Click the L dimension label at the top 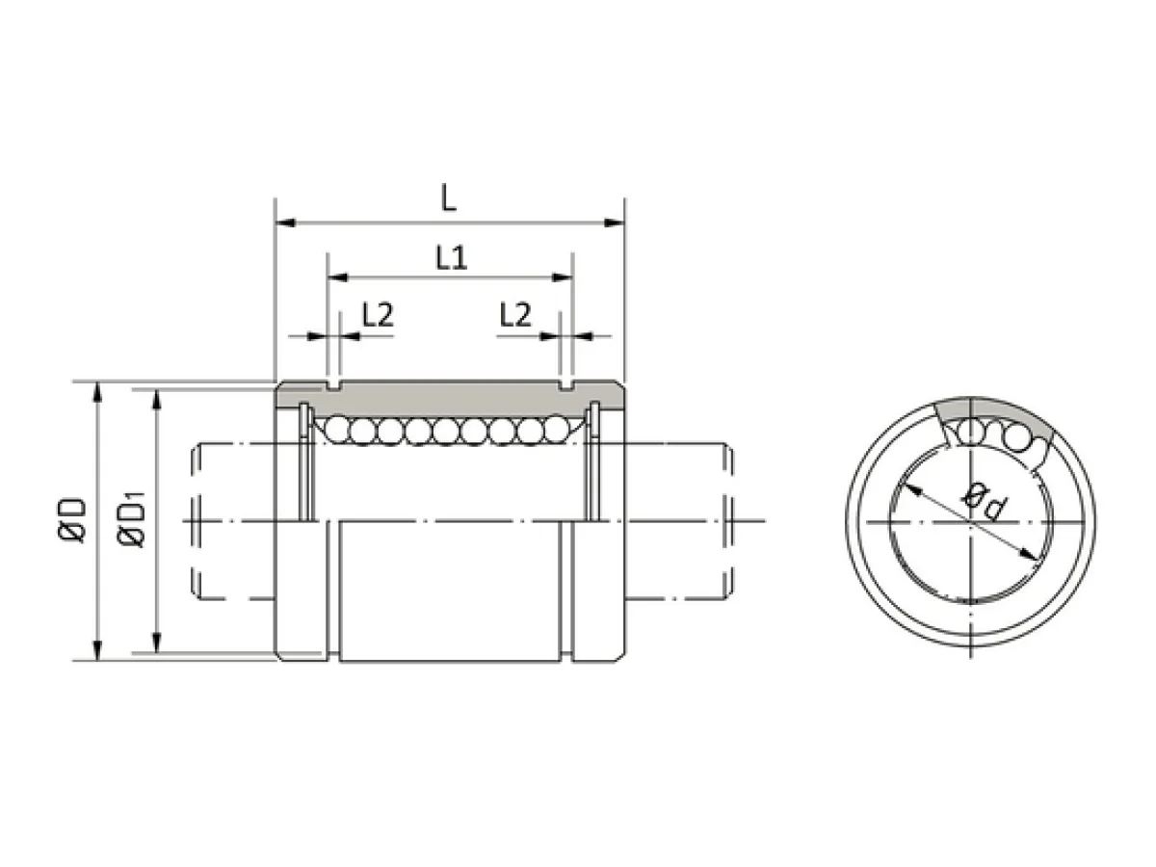coord(448,197)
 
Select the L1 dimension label coord(452,258)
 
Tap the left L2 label coord(378,315)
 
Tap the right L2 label coord(515,315)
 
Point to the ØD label coord(72,520)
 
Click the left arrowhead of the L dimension coord(285,223)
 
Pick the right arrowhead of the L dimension coord(614,223)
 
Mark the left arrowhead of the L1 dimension coord(337,277)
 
